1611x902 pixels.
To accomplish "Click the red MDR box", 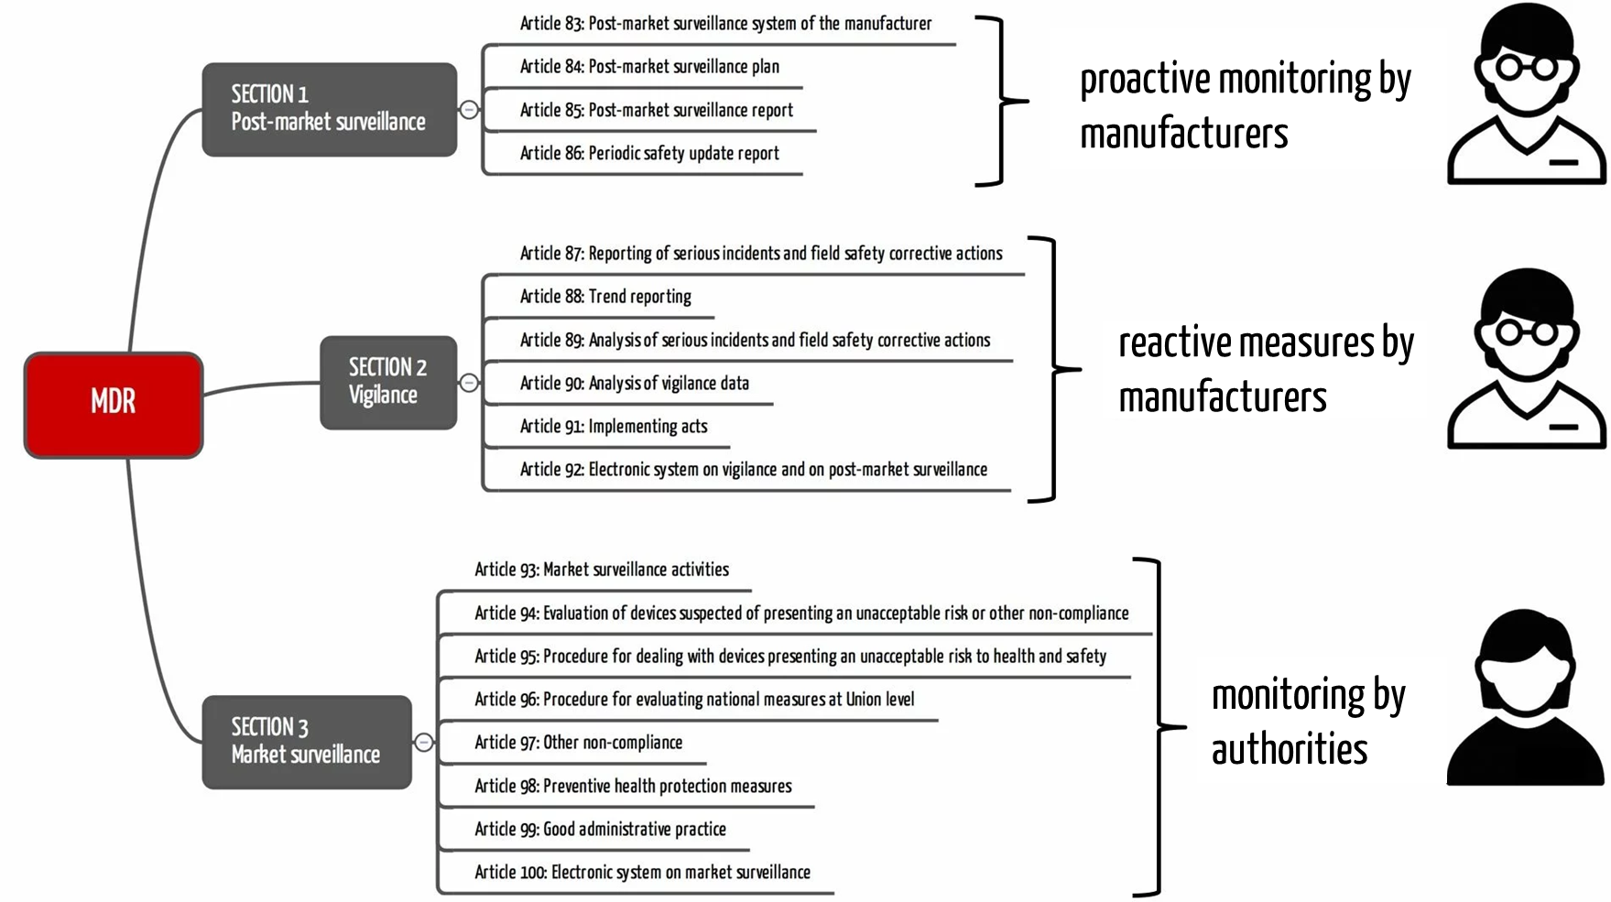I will click(x=113, y=404).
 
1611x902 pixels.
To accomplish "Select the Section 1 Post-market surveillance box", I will click(x=329, y=109).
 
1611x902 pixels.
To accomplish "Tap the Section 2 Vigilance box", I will click(x=387, y=382).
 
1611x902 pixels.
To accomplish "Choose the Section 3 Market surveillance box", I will click(x=306, y=742).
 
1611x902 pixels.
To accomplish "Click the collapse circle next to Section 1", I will click(x=469, y=110).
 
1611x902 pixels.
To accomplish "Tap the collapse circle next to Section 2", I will click(x=469, y=383).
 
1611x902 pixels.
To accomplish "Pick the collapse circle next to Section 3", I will click(x=424, y=743).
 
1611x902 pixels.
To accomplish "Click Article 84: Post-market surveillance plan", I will click(x=649, y=67).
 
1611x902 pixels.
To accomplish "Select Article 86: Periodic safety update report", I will click(x=649, y=154).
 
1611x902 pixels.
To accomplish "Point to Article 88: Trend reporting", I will click(x=605, y=297).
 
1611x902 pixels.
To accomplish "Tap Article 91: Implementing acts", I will click(x=614, y=427).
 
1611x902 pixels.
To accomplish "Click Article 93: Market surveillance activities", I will click(x=602, y=570).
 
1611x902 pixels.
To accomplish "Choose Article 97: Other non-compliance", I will click(x=578, y=743).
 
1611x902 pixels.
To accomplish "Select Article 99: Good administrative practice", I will click(x=600, y=830).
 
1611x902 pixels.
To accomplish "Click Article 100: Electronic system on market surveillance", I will click(x=642, y=873).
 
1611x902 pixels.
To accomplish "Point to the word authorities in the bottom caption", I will click(x=1290, y=750).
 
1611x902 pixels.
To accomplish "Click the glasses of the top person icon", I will click(x=1526, y=68).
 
